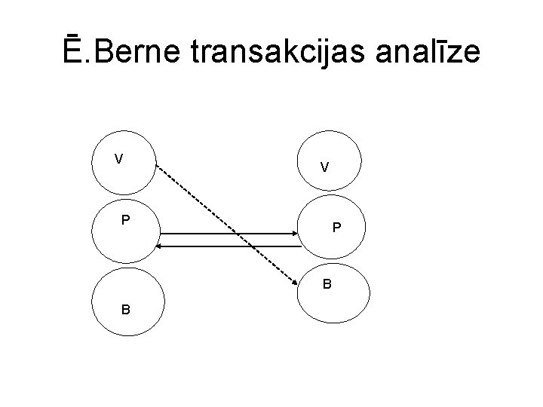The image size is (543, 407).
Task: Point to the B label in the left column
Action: click(x=124, y=309)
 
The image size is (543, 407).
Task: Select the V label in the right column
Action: click(x=324, y=167)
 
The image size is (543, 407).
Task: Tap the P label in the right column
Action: click(x=337, y=228)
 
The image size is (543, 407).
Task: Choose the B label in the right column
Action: click(x=327, y=284)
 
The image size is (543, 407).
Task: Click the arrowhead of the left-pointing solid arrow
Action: click(x=161, y=246)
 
